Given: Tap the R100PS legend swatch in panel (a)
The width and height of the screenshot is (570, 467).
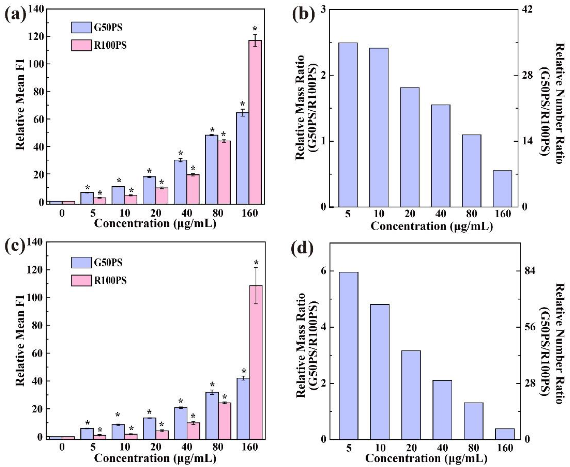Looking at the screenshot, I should (81, 45).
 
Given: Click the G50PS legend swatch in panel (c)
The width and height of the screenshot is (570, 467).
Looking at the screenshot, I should (81, 262).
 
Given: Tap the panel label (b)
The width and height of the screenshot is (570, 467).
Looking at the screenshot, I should (303, 15).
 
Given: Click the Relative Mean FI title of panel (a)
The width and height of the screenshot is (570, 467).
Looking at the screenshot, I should (20, 105).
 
